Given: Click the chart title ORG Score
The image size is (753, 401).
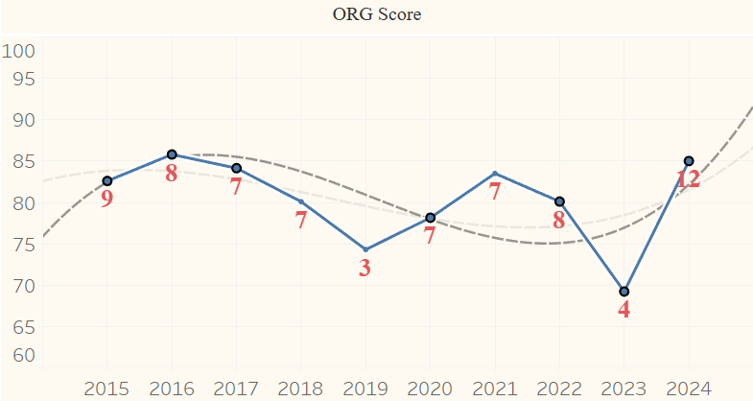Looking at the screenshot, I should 376,14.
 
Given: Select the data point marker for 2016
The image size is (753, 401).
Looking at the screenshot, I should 172,154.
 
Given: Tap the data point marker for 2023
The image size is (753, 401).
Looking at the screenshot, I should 624,292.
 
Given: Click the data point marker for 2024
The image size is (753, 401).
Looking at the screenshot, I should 689,160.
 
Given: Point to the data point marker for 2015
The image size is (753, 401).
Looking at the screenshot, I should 107,181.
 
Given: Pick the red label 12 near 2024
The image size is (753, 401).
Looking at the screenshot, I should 687,179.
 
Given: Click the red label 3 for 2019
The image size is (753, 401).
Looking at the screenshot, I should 365,268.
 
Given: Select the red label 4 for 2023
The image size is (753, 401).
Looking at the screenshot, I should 624,310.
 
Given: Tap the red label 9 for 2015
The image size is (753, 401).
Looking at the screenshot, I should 106,200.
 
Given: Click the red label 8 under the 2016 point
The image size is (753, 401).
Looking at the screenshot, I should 172,174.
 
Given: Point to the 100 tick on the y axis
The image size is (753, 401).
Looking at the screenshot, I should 18,51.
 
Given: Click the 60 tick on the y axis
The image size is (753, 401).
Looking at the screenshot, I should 23,355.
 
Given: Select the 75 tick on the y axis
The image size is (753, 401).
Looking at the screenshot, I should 23,245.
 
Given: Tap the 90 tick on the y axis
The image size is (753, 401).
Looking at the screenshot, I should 23,121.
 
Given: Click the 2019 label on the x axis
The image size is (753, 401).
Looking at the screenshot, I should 365,389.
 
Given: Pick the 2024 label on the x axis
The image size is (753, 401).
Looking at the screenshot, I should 688,389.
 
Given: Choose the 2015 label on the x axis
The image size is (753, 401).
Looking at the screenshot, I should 106,389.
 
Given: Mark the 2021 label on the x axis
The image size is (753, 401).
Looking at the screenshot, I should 494,389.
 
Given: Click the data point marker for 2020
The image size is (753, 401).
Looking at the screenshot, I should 431,218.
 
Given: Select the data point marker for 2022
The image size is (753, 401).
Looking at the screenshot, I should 559,201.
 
